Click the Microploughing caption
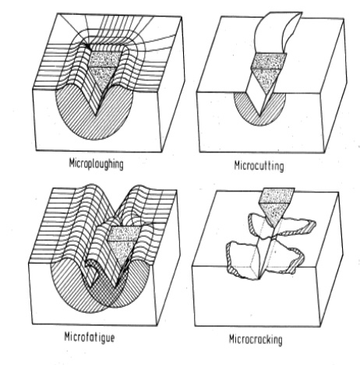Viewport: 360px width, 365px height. [96, 164]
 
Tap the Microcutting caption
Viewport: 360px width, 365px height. [259, 166]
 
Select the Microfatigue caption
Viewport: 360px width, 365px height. [90, 337]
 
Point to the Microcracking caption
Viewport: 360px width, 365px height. [256, 339]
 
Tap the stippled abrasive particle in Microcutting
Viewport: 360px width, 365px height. [267, 72]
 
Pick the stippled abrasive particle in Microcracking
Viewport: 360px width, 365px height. [277, 205]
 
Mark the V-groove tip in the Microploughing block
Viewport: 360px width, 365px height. [96, 115]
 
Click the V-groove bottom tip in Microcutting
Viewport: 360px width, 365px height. [260, 116]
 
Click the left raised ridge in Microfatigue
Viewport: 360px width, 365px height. [86, 223]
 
